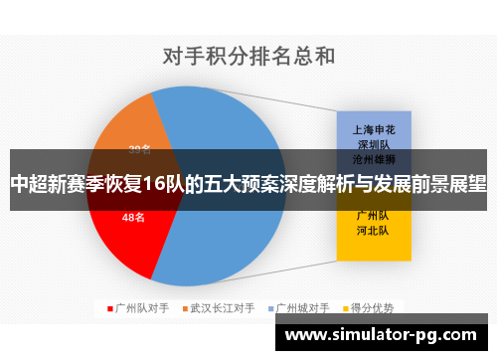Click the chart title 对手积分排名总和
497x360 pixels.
248,56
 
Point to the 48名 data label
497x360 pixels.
133,217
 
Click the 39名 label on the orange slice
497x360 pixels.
140,149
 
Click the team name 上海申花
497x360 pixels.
373,129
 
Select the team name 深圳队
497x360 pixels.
373,144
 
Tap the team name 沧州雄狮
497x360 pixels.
373,159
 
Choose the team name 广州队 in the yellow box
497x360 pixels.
373,215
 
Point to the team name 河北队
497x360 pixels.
373,231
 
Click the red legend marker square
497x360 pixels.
109,308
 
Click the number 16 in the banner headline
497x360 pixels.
156,184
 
